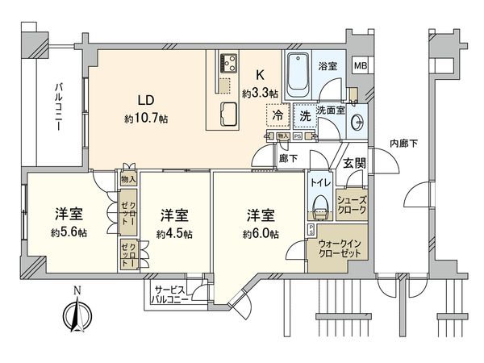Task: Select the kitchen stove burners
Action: (x=227, y=62)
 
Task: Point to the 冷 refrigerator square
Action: (x=277, y=116)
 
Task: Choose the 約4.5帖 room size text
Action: (x=174, y=234)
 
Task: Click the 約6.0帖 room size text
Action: (x=262, y=234)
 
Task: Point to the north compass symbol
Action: (x=74, y=311)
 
